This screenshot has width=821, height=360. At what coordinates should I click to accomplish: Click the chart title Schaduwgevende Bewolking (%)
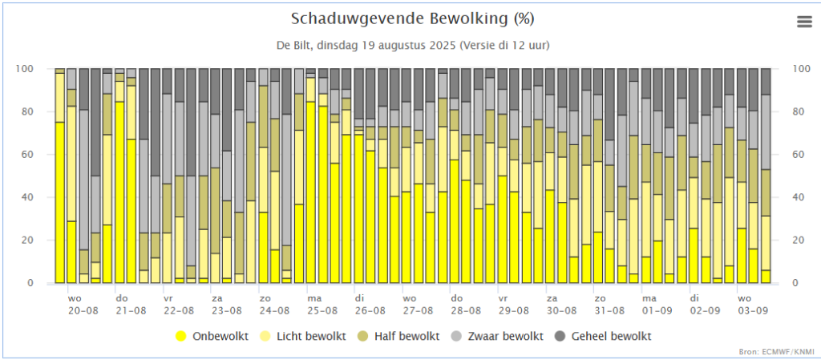coord(412,18)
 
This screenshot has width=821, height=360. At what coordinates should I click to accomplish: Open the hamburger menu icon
coord(804,22)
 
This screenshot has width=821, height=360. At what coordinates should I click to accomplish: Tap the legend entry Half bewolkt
coord(408,336)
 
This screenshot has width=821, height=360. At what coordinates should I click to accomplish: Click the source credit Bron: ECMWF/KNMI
coord(776,351)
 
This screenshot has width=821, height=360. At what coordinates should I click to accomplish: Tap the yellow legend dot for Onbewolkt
coord(181,336)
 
